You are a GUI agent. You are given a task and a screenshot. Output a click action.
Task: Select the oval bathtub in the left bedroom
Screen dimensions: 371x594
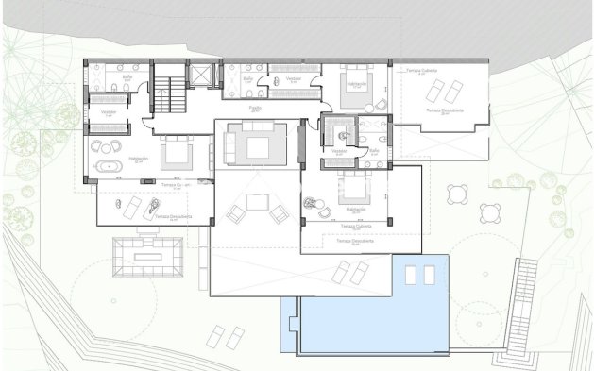coord(110,167)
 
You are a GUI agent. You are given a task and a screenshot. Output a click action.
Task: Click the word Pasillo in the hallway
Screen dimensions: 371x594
coord(255,109)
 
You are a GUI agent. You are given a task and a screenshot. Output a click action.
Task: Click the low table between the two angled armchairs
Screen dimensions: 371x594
coord(256,202)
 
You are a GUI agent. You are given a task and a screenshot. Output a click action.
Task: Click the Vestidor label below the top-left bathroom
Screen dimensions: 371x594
coord(95,112)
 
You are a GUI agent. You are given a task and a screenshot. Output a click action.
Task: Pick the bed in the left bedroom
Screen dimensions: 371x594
coord(177,152)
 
